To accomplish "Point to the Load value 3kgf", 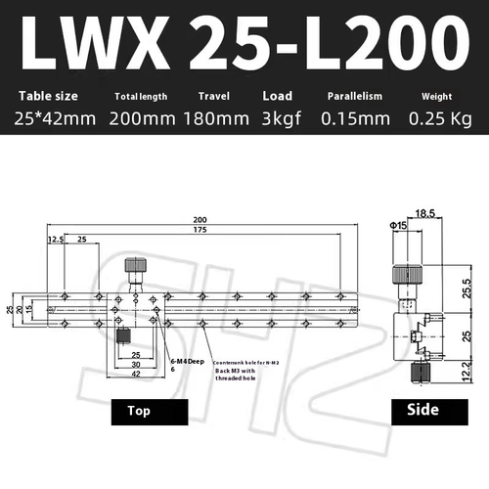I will [278, 118].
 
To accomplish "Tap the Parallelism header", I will [353, 96].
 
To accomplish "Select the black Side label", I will [414, 412].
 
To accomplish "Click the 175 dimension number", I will [200, 231].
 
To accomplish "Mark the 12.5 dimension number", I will [55, 239].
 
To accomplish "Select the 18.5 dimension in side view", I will [424, 211].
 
